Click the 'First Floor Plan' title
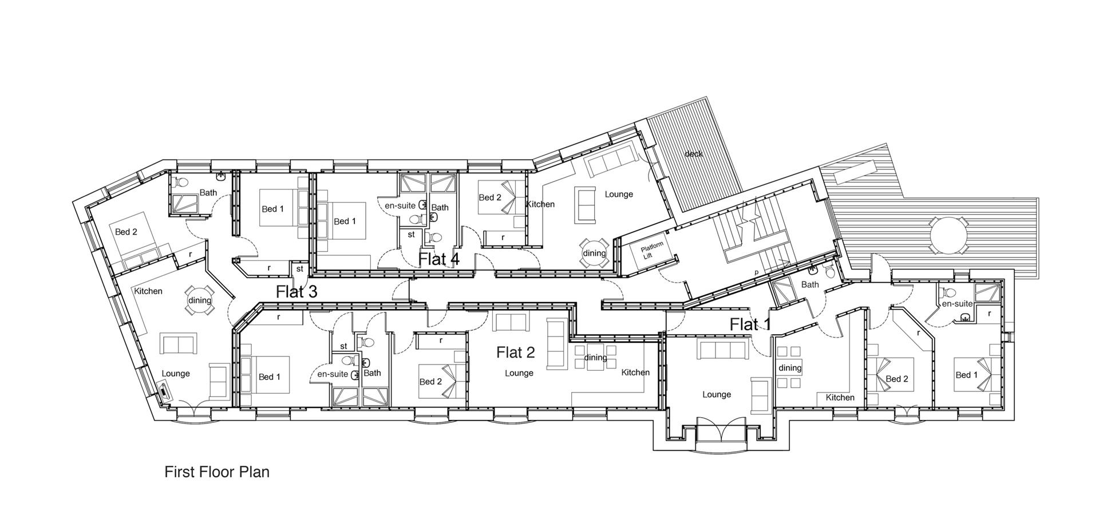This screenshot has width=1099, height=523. coord(217,472)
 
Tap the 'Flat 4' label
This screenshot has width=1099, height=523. coord(438,259)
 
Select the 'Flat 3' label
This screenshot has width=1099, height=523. coord(297,291)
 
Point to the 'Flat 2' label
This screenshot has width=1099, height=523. coord(515,352)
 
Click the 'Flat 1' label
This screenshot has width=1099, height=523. coord(750,324)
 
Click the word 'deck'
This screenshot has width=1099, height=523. coord(693,154)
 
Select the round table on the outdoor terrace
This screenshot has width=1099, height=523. coord(948,235)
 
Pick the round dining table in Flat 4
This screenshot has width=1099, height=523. coord(594,253)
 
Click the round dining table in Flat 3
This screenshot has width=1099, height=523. coord(199,300)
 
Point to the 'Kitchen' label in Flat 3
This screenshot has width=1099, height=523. coord(148,291)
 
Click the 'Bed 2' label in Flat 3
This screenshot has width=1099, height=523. coord(126,232)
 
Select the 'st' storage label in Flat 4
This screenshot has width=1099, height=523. coord(411,234)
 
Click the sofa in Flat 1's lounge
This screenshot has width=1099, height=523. coord(721,350)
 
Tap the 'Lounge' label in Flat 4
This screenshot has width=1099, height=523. coord(619,194)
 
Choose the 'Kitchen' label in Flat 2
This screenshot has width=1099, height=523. coord(635,373)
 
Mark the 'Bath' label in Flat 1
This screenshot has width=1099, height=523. coord(810,284)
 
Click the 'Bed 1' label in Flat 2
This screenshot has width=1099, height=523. coord(270,377)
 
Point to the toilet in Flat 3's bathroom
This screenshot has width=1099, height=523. coord(181,183)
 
